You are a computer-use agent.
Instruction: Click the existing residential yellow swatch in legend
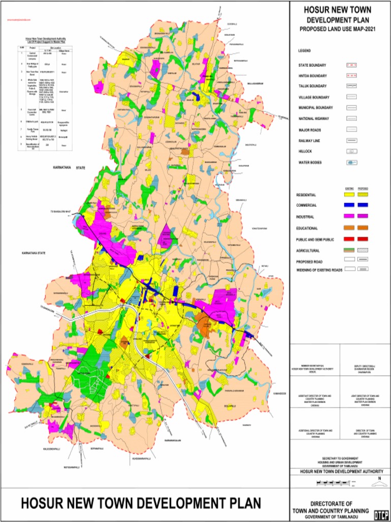click(x=350, y=195)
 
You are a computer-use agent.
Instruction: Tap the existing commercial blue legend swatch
click(x=350, y=205)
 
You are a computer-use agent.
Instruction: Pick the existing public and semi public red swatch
click(x=350, y=239)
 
